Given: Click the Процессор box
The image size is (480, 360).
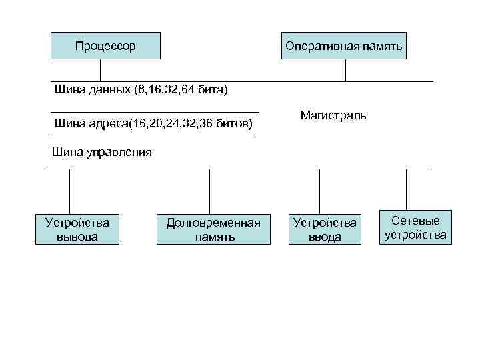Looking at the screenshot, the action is [x=105, y=46].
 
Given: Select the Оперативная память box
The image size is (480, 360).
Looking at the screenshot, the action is [x=343, y=46].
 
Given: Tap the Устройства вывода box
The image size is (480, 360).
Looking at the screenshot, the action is [x=77, y=229].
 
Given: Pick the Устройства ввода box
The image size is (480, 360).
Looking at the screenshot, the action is [x=325, y=229].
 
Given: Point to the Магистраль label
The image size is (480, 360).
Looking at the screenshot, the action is [x=333, y=115].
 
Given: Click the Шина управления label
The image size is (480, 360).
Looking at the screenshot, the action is [x=101, y=152].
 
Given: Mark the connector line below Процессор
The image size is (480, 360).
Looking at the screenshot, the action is [x=101, y=70].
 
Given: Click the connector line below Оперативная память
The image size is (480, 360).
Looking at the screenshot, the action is [x=346, y=70].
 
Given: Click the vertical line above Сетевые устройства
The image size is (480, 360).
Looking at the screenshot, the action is [x=407, y=190].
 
